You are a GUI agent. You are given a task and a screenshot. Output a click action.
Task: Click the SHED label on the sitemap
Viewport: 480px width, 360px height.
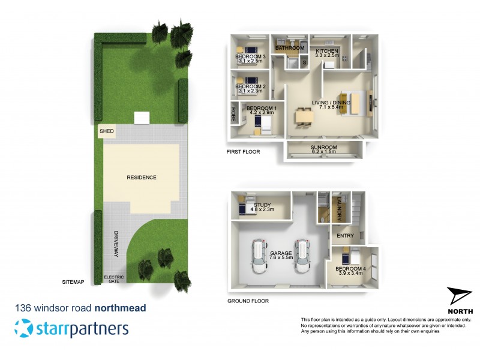coord(106,131)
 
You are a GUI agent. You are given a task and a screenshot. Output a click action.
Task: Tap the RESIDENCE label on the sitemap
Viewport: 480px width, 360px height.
coord(142,178)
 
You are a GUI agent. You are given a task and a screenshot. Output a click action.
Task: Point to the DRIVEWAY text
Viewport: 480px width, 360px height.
coord(117,245)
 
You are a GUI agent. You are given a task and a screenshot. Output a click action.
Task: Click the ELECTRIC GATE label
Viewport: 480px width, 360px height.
coord(114,279)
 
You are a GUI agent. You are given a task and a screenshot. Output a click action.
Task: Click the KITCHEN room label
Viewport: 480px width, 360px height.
coord(328,51)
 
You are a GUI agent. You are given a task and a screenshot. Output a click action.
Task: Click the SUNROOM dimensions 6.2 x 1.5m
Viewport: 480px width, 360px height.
coord(324,152)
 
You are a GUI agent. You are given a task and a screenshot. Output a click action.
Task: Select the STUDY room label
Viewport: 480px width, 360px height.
coord(262,205)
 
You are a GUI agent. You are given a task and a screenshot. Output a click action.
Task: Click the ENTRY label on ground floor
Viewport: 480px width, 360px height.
coord(345,236)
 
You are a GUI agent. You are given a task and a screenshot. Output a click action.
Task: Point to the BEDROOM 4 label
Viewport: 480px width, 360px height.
coord(350,268)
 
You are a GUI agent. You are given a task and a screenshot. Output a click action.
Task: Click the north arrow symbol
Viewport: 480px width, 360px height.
coord(460,296)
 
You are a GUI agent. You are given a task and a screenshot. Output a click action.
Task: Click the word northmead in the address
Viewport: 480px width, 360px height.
coord(120,308)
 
